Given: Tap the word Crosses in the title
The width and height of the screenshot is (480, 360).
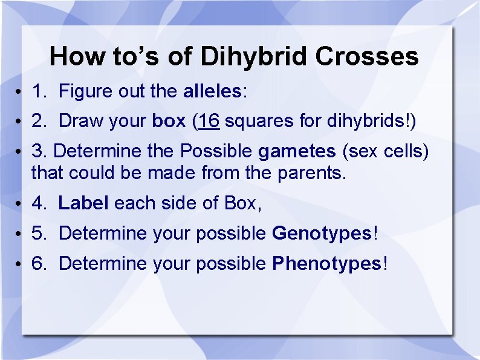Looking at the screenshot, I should (x=367, y=56).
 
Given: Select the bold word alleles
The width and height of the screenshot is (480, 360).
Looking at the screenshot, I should (x=212, y=91).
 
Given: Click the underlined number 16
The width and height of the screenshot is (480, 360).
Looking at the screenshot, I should (x=208, y=121).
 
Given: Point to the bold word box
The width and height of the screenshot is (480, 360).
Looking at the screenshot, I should (x=169, y=121).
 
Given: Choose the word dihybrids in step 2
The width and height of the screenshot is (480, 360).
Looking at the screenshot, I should (x=368, y=121).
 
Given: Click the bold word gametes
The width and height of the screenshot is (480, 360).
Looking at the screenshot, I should (x=297, y=151).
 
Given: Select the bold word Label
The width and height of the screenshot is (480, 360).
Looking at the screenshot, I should (x=83, y=203).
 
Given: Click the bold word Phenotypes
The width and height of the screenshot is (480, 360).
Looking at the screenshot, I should (x=327, y=263).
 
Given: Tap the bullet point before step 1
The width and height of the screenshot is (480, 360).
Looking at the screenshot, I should (x=20, y=92).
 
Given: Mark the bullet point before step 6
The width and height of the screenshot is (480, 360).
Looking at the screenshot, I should (x=20, y=264).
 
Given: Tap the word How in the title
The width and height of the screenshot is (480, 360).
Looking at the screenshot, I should (x=78, y=56).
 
